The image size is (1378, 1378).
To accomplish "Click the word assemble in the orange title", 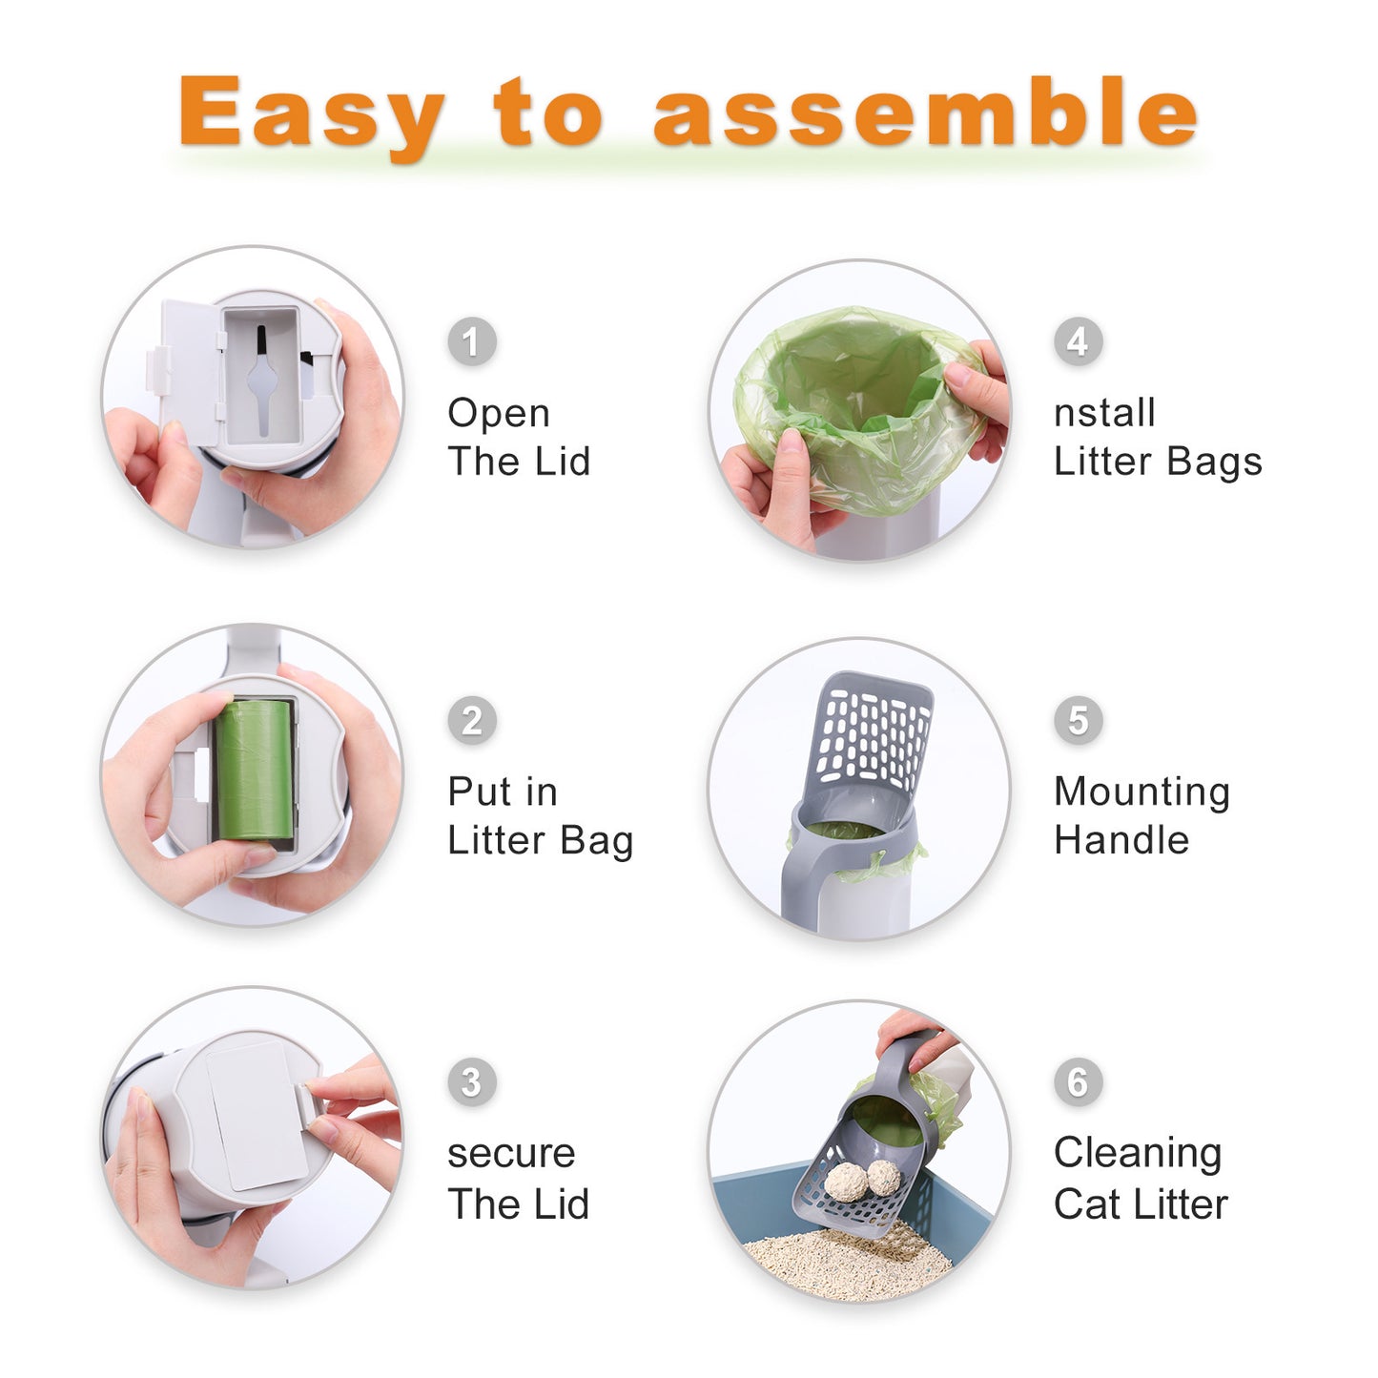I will click(x=924, y=112).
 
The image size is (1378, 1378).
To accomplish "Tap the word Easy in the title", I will click(x=312, y=113).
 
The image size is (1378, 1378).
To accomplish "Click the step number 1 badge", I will click(x=472, y=341).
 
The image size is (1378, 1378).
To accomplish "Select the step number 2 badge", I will click(x=472, y=720).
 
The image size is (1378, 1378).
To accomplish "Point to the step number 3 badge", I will click(x=472, y=1081).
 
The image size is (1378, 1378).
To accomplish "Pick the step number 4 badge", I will click(x=1078, y=341).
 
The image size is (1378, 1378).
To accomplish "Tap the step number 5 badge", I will click(x=1078, y=720).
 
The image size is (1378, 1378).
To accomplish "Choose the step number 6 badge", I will click(x=1078, y=1081).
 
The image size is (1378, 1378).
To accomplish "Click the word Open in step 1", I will click(x=499, y=414).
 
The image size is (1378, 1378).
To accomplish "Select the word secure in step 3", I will click(x=511, y=1154).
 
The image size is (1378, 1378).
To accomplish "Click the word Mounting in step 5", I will click(x=1141, y=792).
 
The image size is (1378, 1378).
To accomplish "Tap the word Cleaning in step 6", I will click(x=1138, y=1153).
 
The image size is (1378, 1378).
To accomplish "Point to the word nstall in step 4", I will click(x=1104, y=413).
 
